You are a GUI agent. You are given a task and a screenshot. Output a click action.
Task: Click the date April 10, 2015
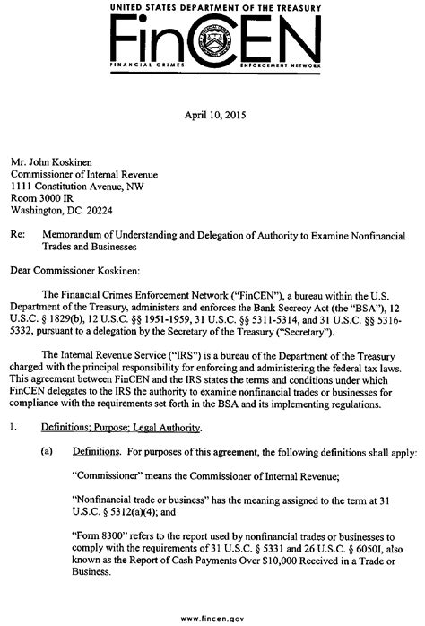pyautogui.click(x=213, y=114)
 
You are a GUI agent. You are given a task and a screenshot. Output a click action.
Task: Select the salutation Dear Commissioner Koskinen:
pyautogui.click(x=88, y=269)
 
